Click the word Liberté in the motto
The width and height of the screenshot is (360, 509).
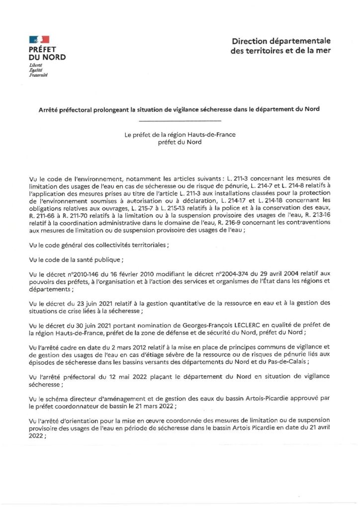coord(36,66)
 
